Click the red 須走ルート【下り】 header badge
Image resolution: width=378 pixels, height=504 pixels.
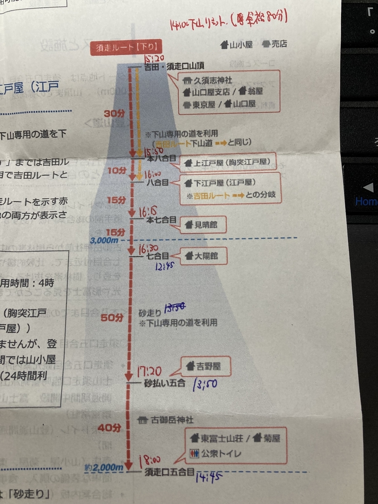coord(126,48)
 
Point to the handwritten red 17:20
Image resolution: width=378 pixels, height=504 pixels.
coord(150,371)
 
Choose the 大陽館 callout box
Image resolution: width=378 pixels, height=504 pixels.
coord(204,255)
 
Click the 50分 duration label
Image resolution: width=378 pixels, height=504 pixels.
coord(112,318)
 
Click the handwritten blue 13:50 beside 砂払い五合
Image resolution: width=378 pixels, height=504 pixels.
coord(205,384)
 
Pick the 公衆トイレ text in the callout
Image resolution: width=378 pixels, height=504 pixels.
coord(222,453)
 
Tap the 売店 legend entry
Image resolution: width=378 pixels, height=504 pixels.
coord(275,44)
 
